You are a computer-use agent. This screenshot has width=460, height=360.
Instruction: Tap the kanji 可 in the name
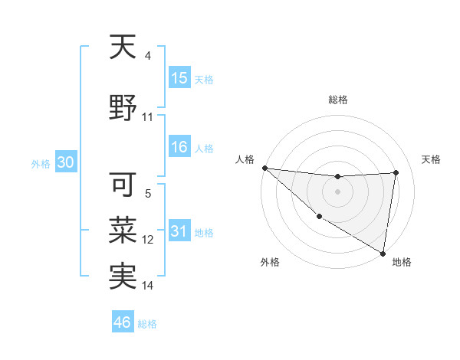pyautogui.click(x=123, y=184)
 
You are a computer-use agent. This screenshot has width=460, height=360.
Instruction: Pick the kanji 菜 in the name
pyautogui.click(x=123, y=229)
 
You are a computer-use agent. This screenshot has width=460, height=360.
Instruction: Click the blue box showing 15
pyautogui.click(x=179, y=78)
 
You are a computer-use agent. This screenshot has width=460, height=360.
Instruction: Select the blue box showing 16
pyautogui.click(x=179, y=147)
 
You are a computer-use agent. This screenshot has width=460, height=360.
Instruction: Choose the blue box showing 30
pyautogui.click(x=65, y=163)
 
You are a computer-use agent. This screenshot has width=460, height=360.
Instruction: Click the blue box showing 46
pyautogui.click(x=123, y=322)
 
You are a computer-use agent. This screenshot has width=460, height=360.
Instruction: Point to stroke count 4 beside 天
pyautogui.click(x=148, y=56)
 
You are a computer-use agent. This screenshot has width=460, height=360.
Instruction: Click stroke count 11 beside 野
pyautogui.click(x=148, y=117)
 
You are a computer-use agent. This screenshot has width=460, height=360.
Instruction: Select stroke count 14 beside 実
pyautogui.click(x=148, y=286)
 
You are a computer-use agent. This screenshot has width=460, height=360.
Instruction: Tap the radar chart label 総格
pyautogui.click(x=337, y=100)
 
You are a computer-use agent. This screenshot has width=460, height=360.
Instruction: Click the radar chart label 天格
pyautogui.click(x=432, y=159)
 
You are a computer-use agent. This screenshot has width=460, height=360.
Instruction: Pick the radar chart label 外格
pyautogui.click(x=270, y=262)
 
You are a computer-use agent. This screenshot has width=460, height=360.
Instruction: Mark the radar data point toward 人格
pyautogui.click(x=264, y=168)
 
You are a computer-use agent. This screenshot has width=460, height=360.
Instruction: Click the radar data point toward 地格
pyautogui.click(x=383, y=253)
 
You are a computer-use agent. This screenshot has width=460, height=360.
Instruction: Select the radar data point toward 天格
pyautogui.click(x=396, y=172)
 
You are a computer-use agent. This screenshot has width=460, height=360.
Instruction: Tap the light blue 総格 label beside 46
pyautogui.click(x=147, y=323)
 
